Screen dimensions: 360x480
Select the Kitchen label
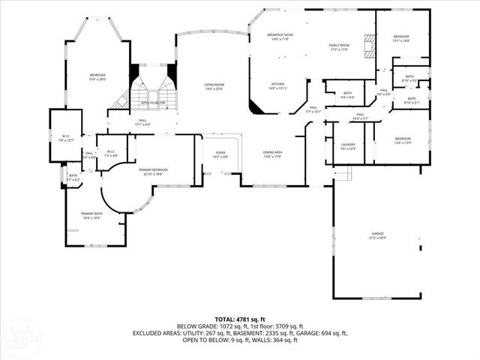coord(277,85)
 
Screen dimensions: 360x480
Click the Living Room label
coord(214,86)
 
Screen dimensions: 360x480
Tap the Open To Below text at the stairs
coord(153,103)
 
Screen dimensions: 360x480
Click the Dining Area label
coord(272,154)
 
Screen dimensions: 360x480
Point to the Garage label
coord(376,235)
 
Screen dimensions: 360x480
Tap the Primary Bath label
coord(91,214)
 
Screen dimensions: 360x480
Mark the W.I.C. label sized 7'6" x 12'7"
coord(66,136)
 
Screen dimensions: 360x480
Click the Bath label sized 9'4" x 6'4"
coord(347,94)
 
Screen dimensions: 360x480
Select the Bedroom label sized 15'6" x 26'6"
coord(98,76)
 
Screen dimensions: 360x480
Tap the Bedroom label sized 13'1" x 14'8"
coord(403,37)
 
